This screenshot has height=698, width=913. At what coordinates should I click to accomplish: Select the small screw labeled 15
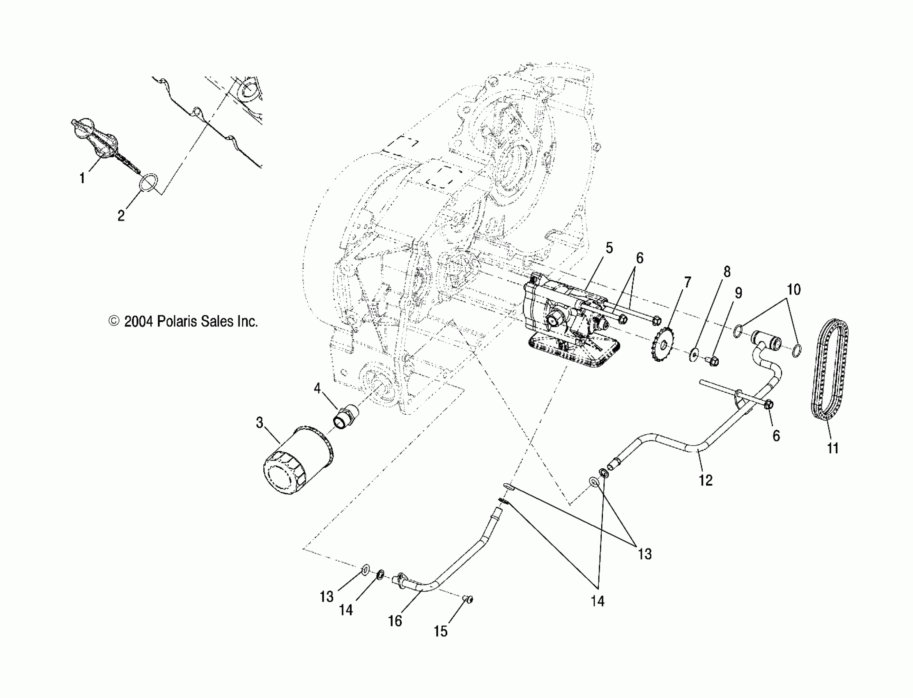(468, 599)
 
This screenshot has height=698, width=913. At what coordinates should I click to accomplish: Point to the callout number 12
(706, 480)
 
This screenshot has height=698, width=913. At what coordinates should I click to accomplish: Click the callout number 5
(609, 248)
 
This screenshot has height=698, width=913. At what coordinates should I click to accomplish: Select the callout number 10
(794, 289)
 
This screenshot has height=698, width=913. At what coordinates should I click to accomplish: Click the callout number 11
(833, 448)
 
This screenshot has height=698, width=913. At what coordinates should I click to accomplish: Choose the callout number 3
(260, 422)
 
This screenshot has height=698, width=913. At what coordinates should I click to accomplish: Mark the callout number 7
(688, 282)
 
